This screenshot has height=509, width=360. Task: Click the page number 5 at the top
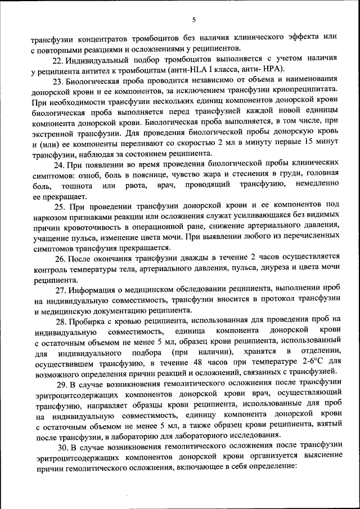click(x=193, y=20)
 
